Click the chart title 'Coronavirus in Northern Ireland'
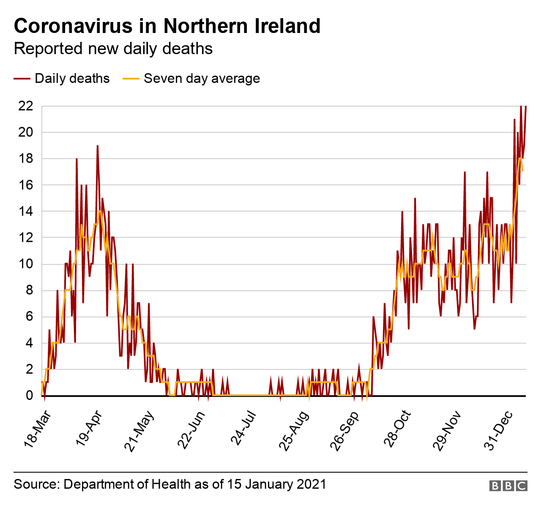pos(167,26)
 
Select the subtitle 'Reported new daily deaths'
pos(113,49)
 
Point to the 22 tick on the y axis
pos(25,106)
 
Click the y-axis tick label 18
pos(25,159)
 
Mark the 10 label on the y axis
pos(25,264)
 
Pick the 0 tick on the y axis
pos(30,396)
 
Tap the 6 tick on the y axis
pos(30,317)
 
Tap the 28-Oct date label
pos(397,428)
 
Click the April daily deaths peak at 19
pos(97,146)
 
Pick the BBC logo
pos(508,486)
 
